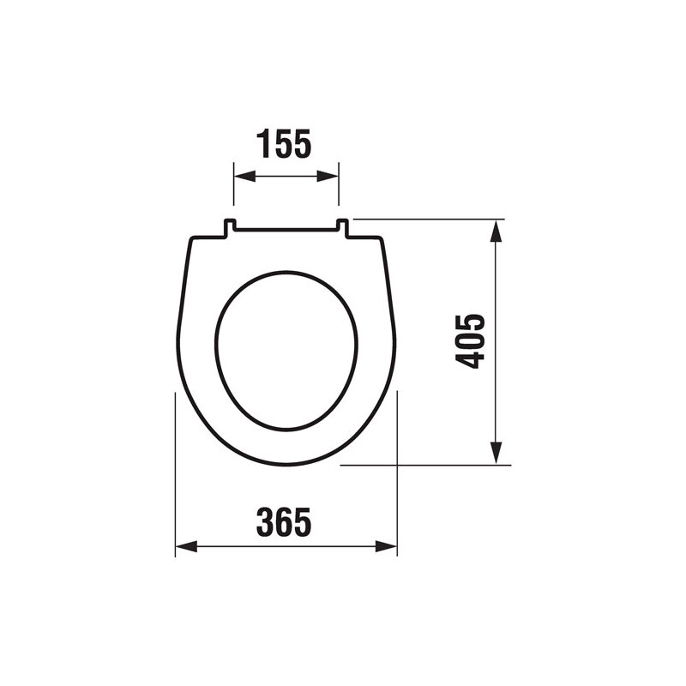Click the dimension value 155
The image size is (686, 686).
point(284,144)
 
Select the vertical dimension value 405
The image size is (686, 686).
point(471,341)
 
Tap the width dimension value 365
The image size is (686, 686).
point(284,521)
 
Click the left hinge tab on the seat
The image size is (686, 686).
point(230,226)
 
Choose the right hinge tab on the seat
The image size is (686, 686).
point(342,226)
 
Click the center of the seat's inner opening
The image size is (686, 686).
point(286,350)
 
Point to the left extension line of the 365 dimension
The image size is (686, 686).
point(175,472)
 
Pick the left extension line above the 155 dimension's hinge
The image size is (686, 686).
point(234,189)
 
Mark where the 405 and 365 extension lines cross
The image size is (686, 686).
point(397,465)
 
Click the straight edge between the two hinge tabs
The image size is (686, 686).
point(286,230)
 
